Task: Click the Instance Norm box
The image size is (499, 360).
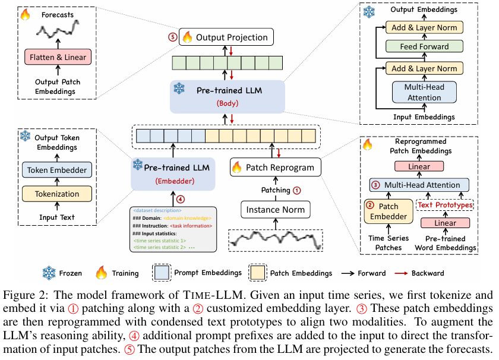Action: coord(276,209)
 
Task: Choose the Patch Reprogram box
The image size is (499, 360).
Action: coord(275,167)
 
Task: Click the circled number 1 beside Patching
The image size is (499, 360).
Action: coord(298,190)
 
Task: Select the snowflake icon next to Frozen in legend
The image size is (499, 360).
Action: coord(49,273)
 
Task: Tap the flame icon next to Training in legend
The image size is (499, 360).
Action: coord(100,273)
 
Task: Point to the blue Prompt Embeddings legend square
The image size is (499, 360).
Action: coord(160,273)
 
